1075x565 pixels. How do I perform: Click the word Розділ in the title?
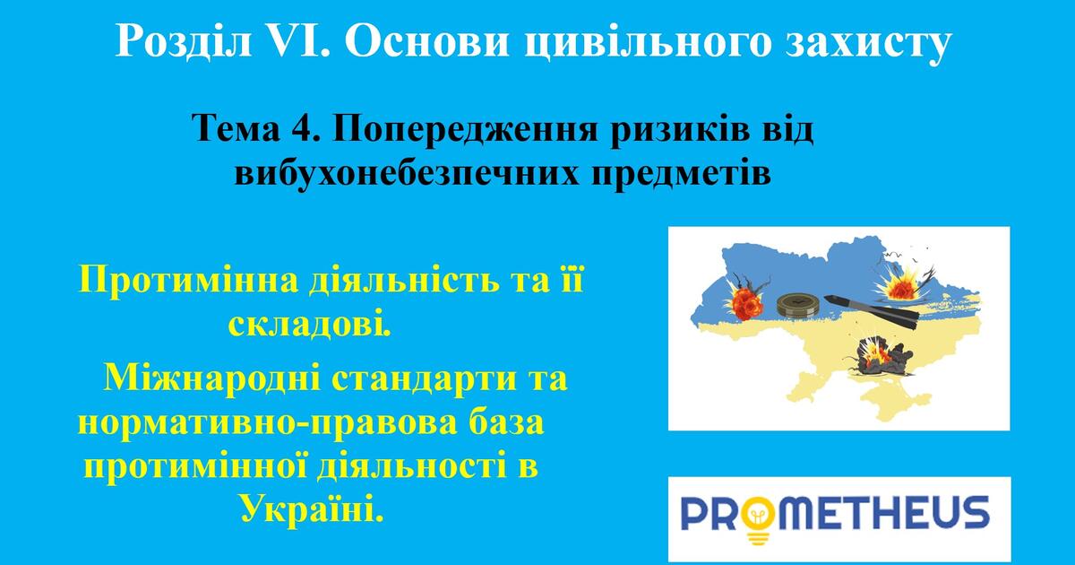(x=184, y=42)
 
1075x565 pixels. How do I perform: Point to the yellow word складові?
(x=310, y=325)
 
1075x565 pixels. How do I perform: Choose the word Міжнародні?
(x=212, y=378)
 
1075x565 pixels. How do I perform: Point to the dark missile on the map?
(x=871, y=311)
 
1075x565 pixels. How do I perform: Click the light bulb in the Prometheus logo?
(x=758, y=521)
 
